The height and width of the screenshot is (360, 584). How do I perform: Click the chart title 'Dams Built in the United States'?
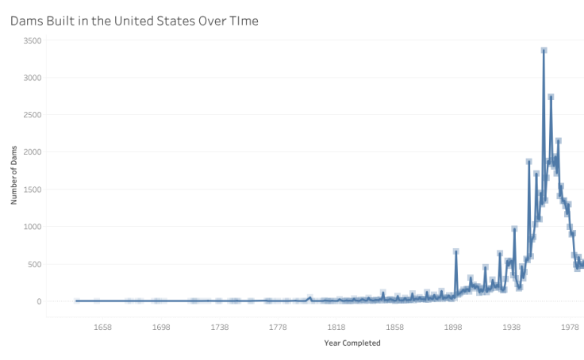click(x=133, y=21)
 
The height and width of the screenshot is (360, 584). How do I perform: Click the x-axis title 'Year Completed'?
click(x=352, y=343)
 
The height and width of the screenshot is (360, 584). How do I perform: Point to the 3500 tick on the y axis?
click(x=33, y=40)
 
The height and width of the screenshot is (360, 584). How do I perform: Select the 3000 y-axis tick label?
click(x=33, y=78)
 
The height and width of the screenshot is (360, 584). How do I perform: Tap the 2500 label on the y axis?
click(x=33, y=115)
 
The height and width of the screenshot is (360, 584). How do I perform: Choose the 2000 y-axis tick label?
click(x=33, y=152)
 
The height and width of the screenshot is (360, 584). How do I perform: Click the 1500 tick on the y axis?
click(x=33, y=190)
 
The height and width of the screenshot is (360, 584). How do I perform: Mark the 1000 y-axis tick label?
click(x=33, y=227)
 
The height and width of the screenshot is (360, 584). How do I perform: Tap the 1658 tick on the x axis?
click(x=102, y=327)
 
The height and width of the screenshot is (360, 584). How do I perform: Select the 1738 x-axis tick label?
click(x=220, y=327)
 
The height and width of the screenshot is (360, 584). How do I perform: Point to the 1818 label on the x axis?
click(x=336, y=327)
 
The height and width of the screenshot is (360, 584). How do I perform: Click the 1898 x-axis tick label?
click(x=453, y=327)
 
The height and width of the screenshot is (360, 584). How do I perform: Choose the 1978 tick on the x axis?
click(x=570, y=327)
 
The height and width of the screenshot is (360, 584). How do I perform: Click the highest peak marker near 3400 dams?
click(x=544, y=50)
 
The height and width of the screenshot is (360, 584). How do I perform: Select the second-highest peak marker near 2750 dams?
click(x=551, y=97)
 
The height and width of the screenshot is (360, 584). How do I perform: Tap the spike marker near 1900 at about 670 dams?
click(x=456, y=251)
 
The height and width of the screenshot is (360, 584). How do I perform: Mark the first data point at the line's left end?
click(x=77, y=301)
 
